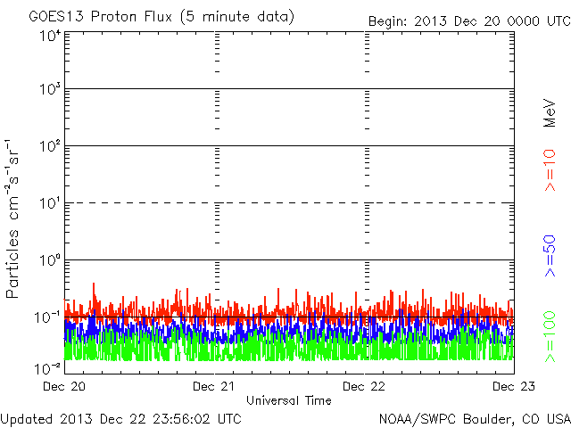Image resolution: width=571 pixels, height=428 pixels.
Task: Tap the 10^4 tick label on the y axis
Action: point(50,37)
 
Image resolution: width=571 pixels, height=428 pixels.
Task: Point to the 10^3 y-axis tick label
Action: point(50,90)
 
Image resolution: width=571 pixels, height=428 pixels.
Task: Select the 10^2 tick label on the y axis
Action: point(50,147)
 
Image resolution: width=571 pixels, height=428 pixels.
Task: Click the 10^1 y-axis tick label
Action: point(50,204)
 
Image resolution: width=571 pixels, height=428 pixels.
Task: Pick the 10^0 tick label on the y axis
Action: point(50,261)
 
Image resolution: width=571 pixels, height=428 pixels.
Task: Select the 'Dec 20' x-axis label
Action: point(63,387)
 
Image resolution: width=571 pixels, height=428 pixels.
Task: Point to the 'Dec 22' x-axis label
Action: point(364,387)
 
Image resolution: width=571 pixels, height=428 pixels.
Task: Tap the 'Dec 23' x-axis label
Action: point(513,387)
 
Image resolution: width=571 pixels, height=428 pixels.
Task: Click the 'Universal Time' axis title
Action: point(288,400)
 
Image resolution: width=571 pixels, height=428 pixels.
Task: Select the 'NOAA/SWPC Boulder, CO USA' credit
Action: point(474,418)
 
